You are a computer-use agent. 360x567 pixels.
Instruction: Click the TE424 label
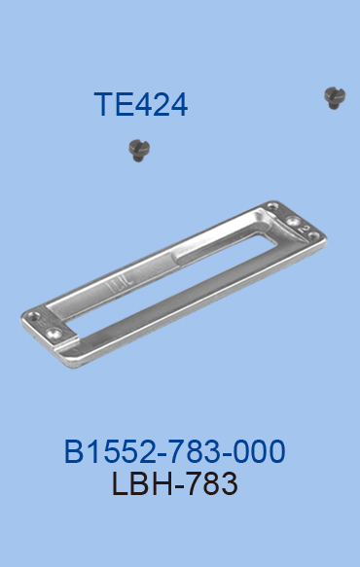[x=141, y=104]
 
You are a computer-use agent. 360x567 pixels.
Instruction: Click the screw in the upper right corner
[x=335, y=97]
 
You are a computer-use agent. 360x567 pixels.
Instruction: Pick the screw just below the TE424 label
[x=139, y=151]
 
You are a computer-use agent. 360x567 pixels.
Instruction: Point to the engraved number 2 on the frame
[x=305, y=229]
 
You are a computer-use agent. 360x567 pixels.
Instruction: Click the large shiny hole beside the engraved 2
[x=293, y=220]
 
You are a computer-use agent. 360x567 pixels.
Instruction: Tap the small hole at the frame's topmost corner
[x=271, y=207]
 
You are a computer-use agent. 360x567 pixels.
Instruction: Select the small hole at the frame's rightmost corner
[x=313, y=236]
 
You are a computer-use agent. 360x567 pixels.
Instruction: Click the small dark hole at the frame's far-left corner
[x=34, y=315]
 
